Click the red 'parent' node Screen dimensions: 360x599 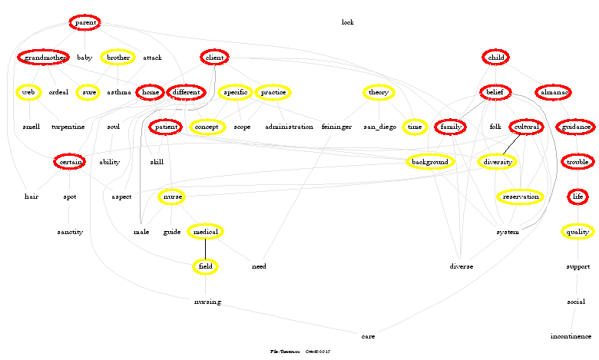click(x=85, y=23)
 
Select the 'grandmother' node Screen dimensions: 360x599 click(x=44, y=58)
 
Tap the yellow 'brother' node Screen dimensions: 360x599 click(x=118, y=58)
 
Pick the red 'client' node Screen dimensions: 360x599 click(x=214, y=58)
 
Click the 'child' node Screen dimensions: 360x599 click(x=496, y=58)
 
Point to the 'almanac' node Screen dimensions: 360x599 click(x=553, y=92)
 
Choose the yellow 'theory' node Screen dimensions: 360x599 click(x=379, y=92)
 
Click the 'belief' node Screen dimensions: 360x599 click(x=494, y=92)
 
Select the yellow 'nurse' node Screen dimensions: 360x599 click(x=172, y=197)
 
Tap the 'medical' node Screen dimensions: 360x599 click(x=205, y=232)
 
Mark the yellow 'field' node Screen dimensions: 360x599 click(x=205, y=266)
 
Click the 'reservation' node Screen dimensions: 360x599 click(x=521, y=197)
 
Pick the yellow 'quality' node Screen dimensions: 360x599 click(x=577, y=232)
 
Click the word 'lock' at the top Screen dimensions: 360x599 click(x=347, y=22)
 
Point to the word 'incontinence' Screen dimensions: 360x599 click(x=571, y=336)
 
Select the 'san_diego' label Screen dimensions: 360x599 click(x=379, y=127)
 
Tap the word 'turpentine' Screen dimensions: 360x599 click(x=68, y=127)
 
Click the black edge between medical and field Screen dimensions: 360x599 click(x=205, y=249)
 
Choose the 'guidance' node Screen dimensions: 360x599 click(x=575, y=127)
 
